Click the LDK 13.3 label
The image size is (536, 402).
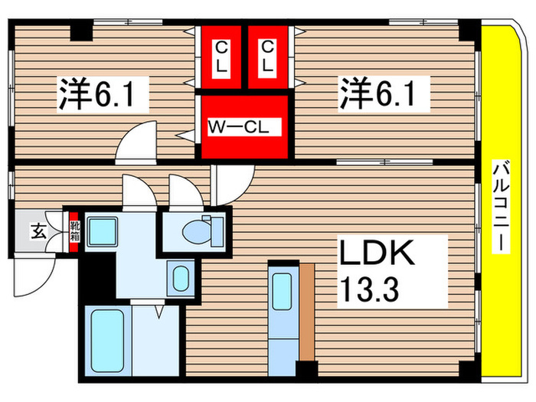coord(392,271)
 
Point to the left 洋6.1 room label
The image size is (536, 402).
coord(103,94)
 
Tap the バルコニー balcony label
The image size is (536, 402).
coord(501,207)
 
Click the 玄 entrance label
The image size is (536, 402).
coord(39,231)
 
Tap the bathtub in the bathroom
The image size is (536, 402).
coord(108,341)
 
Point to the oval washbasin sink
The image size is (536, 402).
coord(181,278)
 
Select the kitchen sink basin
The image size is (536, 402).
coord(282,291)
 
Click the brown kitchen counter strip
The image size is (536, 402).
coord(307,312)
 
